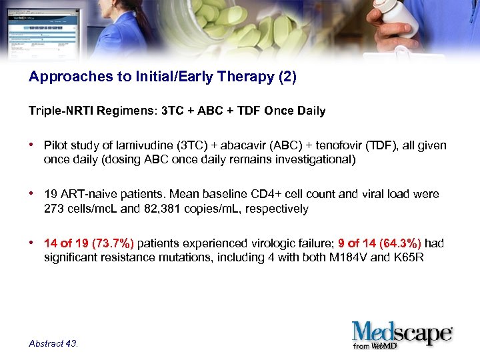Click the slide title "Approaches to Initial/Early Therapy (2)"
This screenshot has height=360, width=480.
(162, 77)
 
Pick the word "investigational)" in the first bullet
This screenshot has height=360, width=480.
(317, 159)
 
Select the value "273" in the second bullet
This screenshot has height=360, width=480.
(53, 209)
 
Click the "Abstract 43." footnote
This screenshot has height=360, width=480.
(53, 343)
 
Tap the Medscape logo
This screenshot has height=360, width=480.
(403, 331)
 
